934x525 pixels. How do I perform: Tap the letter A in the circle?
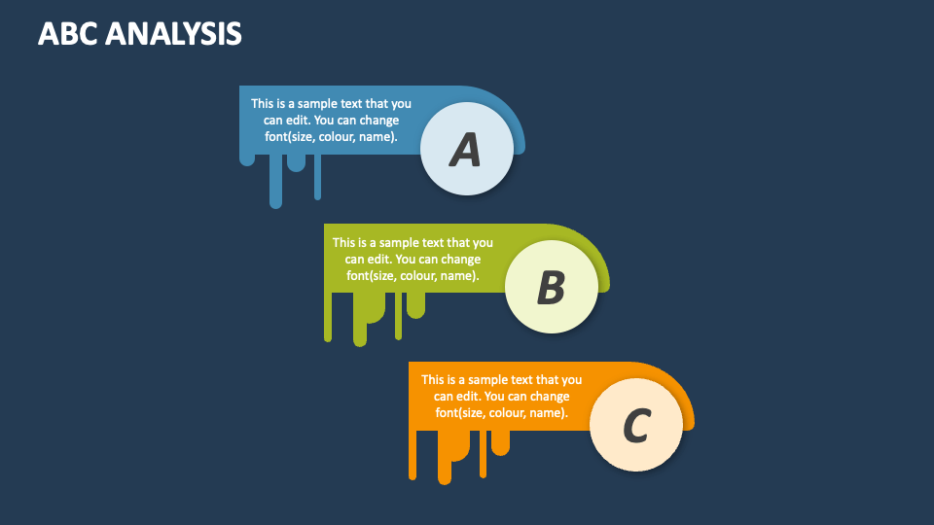point(466,150)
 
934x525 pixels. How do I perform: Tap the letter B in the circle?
point(551,288)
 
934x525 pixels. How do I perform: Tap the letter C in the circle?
point(635,426)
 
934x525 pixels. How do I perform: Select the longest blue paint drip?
point(275,185)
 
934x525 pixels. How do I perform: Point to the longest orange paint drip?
point(445,462)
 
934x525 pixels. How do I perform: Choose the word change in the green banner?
point(461,260)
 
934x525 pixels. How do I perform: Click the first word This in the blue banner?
point(262,103)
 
